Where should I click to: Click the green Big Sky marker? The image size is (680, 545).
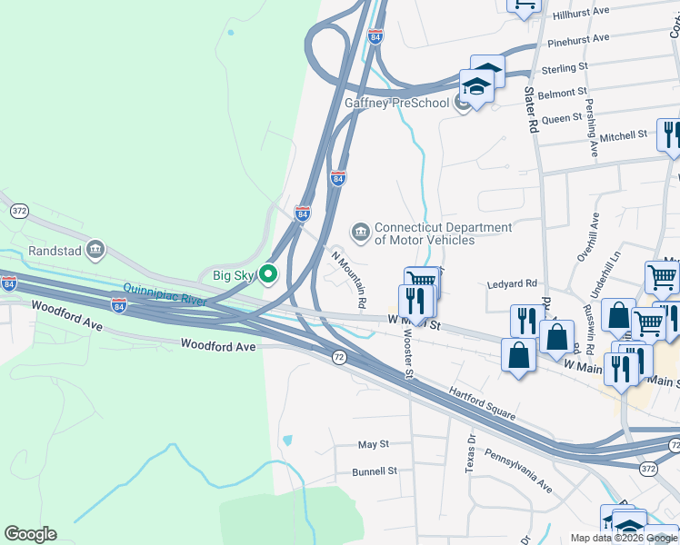pos(267,273)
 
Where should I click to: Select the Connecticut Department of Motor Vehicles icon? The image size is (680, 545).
pos(362,233)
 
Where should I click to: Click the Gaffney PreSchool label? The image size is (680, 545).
pos(396,103)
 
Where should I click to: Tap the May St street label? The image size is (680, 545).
pos(373,444)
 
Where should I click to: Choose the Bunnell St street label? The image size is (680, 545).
pos(375,471)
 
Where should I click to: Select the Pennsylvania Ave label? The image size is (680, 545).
pos(517,471)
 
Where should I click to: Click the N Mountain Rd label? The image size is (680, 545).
pos(349,277)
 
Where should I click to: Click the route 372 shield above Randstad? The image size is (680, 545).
pos(20,211)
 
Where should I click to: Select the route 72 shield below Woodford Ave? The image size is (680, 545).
pos(338,358)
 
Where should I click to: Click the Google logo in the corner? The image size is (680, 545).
pos(30,534)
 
